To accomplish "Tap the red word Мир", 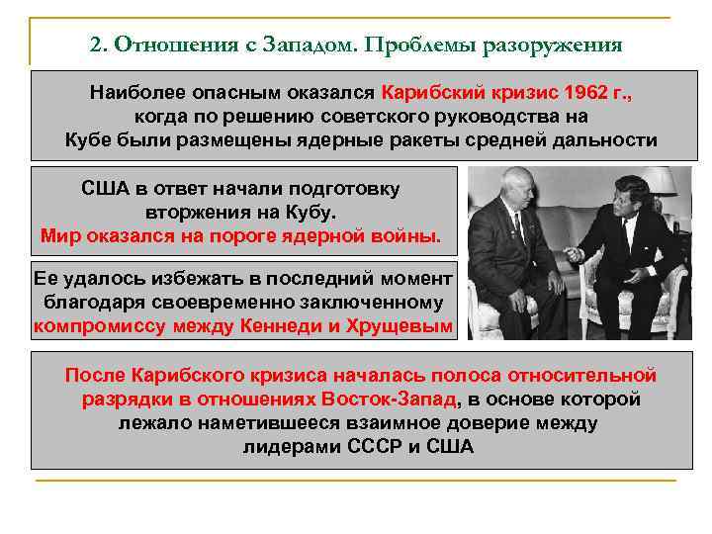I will [x=60, y=236].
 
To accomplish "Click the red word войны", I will [x=407, y=236].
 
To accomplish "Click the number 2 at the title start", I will [x=95, y=45].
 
